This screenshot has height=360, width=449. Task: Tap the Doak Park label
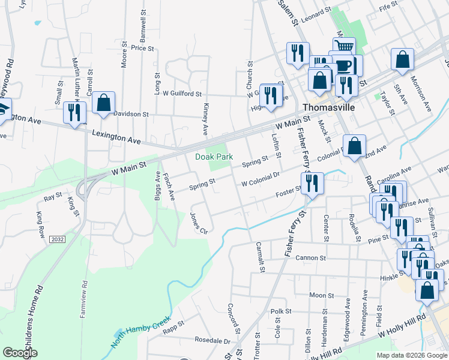point(213,157)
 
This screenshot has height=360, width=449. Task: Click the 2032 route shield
point(58,239)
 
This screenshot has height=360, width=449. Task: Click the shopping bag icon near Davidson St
point(103,103)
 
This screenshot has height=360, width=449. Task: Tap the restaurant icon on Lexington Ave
point(74,112)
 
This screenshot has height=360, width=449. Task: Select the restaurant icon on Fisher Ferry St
point(312,182)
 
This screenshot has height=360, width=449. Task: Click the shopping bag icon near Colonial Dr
point(355,146)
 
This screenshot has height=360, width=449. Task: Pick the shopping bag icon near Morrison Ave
point(402,59)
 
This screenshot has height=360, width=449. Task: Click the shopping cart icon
point(344,47)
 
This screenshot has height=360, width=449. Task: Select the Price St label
point(143,48)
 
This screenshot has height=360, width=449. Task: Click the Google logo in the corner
point(20,353)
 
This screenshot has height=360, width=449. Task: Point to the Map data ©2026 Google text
point(412,355)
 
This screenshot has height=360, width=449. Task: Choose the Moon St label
point(322,295)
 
